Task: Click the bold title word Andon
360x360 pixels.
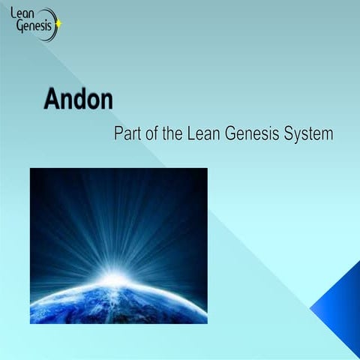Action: pos(78,100)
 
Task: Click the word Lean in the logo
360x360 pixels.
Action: pos(28,14)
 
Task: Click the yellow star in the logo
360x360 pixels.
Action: pos(59,22)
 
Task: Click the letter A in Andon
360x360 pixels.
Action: pos(52,100)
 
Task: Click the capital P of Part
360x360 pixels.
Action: pos(118,134)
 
